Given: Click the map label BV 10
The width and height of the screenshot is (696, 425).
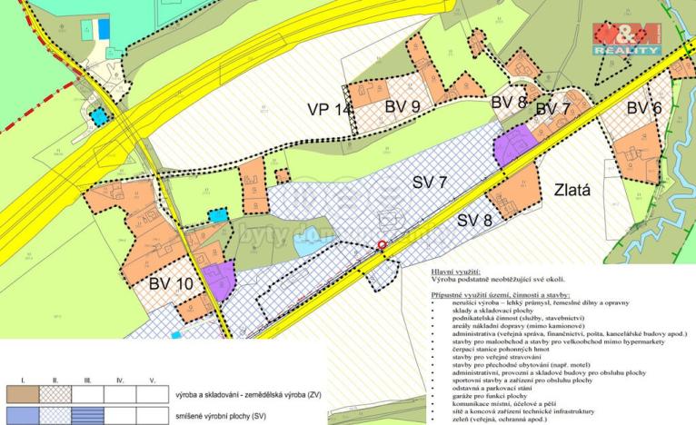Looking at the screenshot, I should (x=170, y=283).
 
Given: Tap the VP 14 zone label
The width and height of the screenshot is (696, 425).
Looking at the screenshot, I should (x=329, y=111).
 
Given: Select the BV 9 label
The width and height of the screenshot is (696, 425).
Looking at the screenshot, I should (x=402, y=107).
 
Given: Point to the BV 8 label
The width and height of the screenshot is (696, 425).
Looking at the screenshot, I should (x=509, y=103).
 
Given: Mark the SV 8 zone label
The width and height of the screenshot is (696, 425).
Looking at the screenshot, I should (x=480, y=221).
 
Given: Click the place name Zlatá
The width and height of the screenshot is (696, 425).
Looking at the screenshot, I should (x=572, y=192).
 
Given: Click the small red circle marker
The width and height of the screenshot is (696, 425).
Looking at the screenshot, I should (x=383, y=244).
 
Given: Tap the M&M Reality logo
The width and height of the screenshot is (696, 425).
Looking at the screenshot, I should (x=627, y=39).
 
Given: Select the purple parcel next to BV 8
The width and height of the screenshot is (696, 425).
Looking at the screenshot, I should (x=513, y=145).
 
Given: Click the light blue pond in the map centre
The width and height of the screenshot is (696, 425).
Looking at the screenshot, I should (x=306, y=241).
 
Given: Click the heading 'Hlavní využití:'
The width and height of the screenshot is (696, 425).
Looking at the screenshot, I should (x=452, y=272).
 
